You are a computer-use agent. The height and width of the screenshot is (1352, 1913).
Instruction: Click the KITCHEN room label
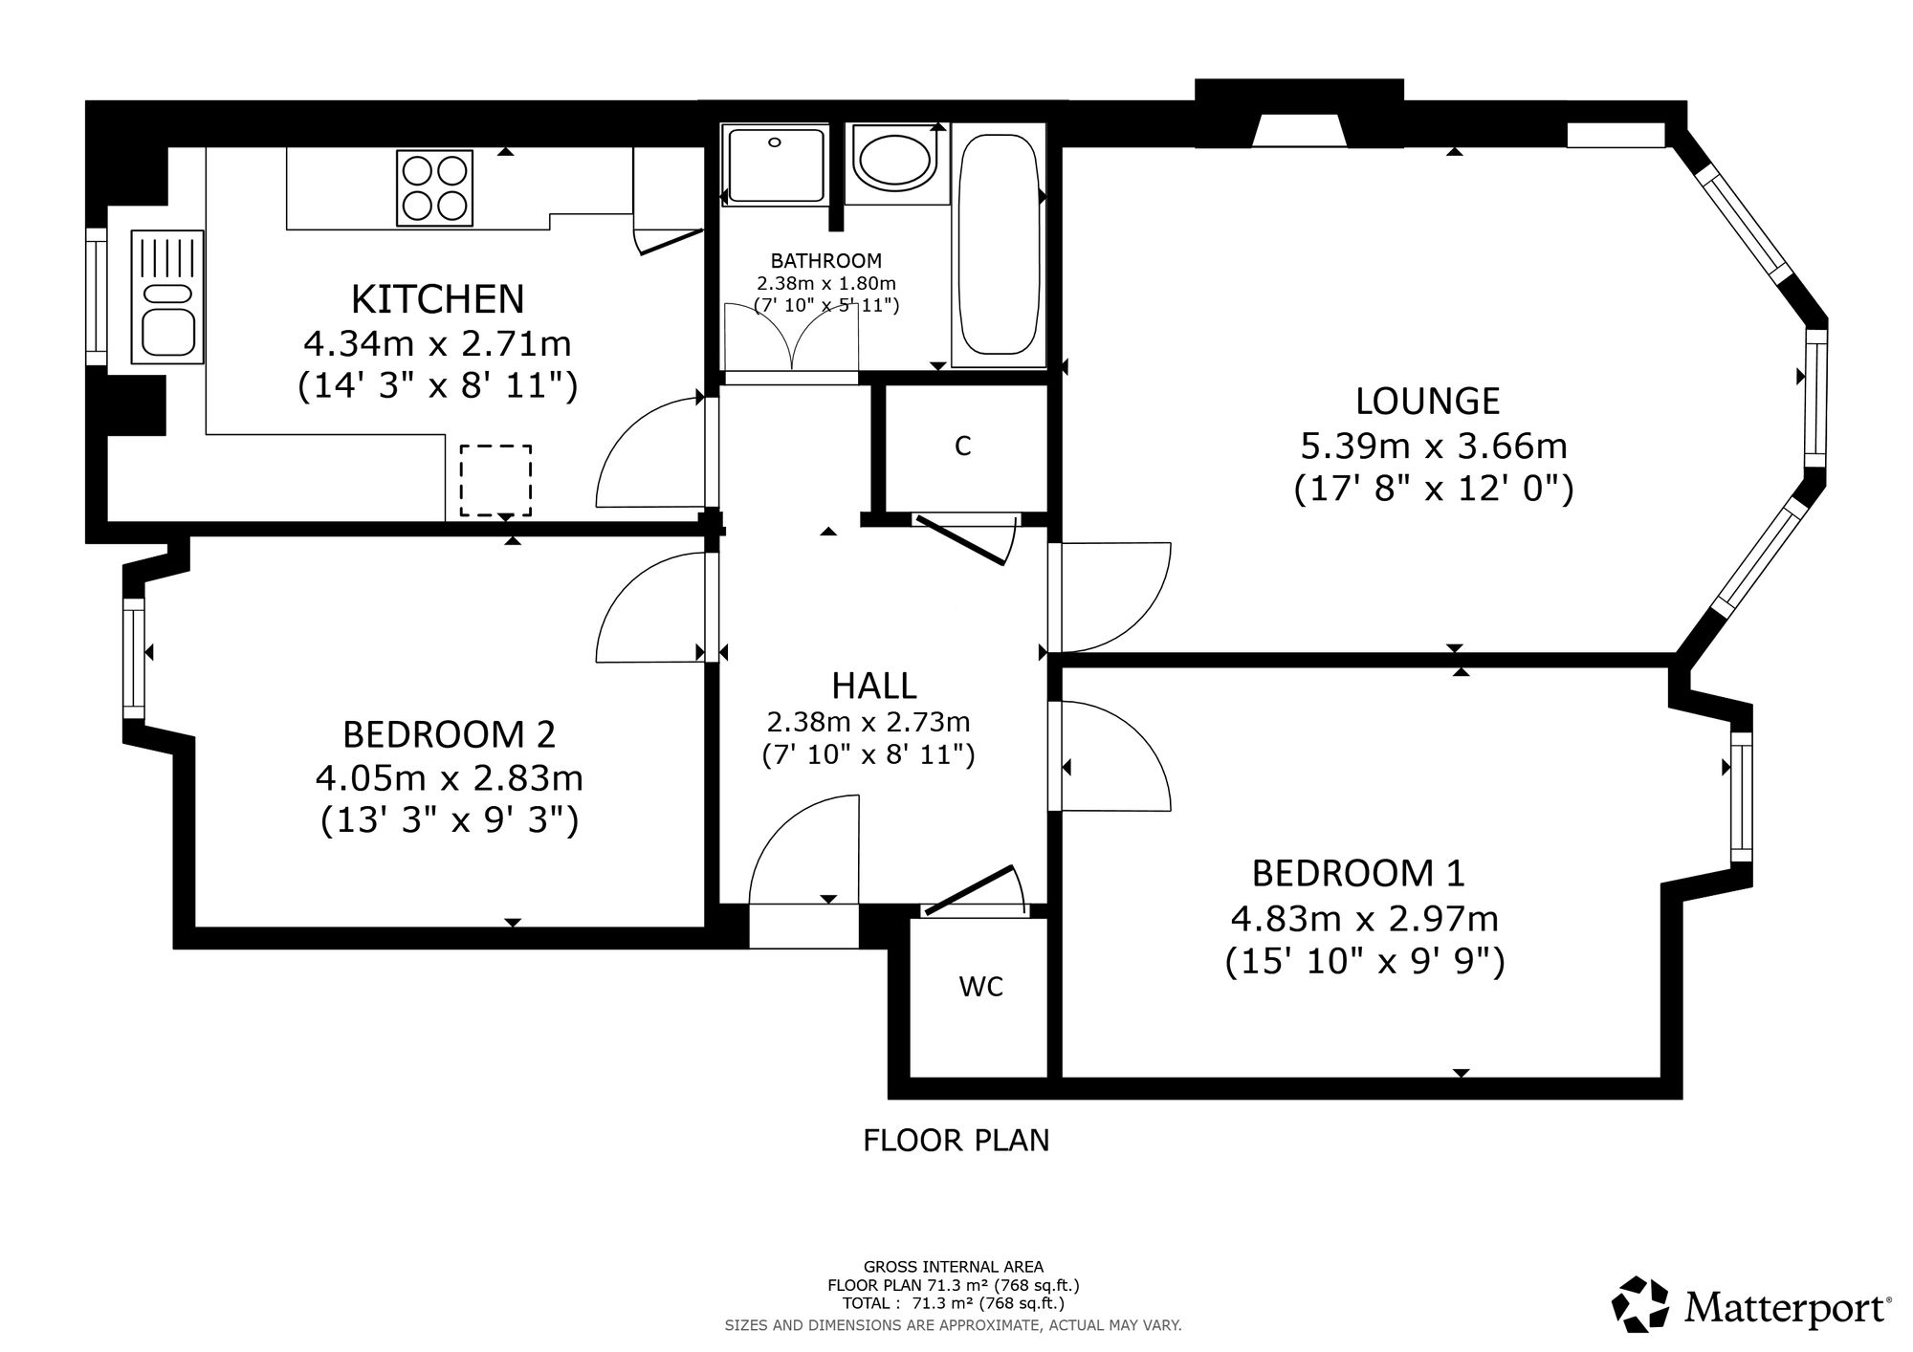click(x=438, y=299)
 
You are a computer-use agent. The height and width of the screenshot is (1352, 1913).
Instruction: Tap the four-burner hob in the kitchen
click(x=435, y=188)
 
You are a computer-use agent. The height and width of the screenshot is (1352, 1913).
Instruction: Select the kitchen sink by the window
click(x=167, y=296)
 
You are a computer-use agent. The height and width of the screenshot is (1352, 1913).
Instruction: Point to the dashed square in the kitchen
click(x=495, y=480)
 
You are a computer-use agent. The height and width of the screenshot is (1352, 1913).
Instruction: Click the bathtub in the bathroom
click(x=997, y=245)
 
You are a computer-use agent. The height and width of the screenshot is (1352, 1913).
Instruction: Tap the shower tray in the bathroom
click(x=776, y=164)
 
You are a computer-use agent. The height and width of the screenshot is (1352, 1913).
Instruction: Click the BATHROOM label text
click(x=826, y=260)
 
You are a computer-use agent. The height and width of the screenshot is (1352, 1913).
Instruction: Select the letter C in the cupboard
click(x=963, y=446)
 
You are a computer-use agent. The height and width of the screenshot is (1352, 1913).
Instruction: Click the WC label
click(x=981, y=987)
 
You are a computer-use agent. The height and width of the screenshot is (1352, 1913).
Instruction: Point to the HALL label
click(x=874, y=686)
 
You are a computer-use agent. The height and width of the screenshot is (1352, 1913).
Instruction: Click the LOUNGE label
click(x=1427, y=401)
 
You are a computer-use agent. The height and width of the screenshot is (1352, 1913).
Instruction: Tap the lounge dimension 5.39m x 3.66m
click(x=1434, y=446)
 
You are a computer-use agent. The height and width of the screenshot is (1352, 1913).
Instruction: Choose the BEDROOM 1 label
click(x=1358, y=873)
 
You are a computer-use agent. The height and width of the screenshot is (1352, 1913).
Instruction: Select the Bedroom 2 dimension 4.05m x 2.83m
click(x=450, y=778)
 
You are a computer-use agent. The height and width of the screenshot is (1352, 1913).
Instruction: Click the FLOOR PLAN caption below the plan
click(x=956, y=1141)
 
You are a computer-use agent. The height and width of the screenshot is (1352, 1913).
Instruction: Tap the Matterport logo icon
click(x=1642, y=1304)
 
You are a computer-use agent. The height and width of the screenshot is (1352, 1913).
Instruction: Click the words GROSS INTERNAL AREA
click(x=954, y=1267)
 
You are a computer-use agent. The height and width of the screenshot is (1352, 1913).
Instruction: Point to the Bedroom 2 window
click(x=133, y=658)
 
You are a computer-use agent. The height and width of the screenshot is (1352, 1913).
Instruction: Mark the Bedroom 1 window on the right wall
click(x=1742, y=796)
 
